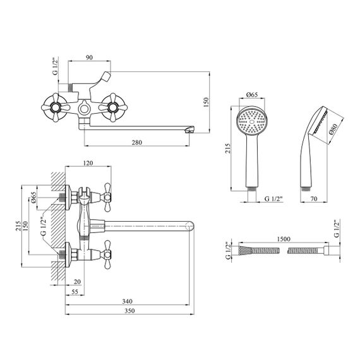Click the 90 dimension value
(x=89, y=57)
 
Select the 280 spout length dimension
(x=137, y=142)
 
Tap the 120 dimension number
(x=88, y=163)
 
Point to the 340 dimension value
(x=127, y=301)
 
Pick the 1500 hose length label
(x=284, y=239)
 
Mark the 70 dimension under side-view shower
(x=313, y=198)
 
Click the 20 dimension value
(x=78, y=282)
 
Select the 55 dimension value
(x=75, y=292)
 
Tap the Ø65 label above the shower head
(x=252, y=94)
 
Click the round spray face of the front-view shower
(x=252, y=121)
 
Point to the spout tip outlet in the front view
(x=189, y=130)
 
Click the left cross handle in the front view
(x=56, y=107)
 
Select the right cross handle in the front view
(x=113, y=107)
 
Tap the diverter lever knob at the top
(x=106, y=76)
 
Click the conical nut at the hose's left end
(x=245, y=250)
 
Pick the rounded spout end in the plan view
(x=189, y=225)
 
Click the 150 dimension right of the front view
(x=206, y=102)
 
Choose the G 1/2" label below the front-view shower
(x=273, y=198)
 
